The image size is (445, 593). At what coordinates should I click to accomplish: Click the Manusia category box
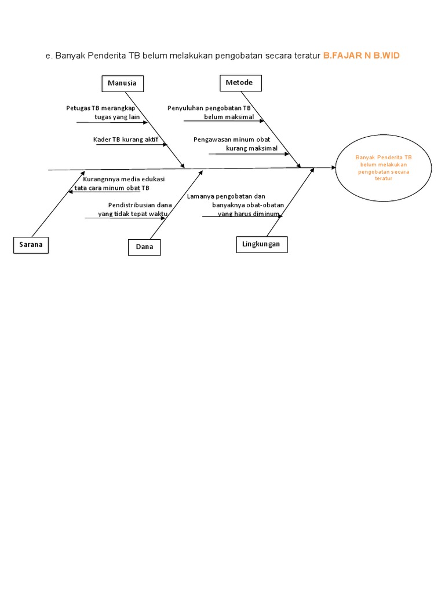pos(122,83)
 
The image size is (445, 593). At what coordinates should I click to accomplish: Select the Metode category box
pos(240,83)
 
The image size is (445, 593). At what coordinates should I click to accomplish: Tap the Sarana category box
pos(30,245)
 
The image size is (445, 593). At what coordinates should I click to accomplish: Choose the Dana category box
pos(144,247)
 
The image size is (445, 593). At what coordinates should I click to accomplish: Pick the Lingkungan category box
pos(261,244)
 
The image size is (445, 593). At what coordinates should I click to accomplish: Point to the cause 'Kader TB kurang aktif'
pos(125,140)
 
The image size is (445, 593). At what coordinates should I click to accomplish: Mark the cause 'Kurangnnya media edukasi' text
pos(124,179)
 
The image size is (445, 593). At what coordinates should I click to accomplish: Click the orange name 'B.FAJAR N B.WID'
pos(361,56)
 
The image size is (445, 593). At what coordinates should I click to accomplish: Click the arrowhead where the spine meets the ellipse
pos(334,167)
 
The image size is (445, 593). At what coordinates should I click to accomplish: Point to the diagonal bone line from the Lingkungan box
pos(290,203)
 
